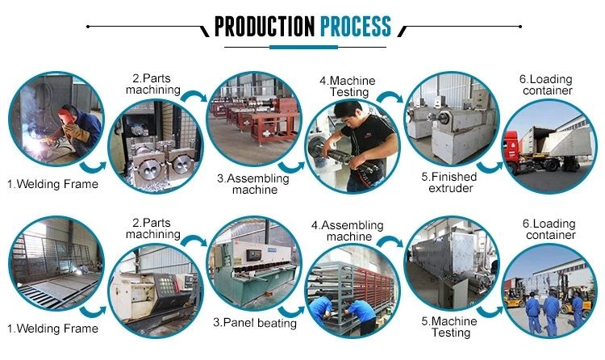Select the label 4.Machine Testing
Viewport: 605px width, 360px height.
[x=348, y=87]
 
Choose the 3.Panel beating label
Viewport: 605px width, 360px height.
[x=255, y=323]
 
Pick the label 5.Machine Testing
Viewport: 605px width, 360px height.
[x=450, y=326]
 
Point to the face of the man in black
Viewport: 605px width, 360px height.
[x=352, y=129]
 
